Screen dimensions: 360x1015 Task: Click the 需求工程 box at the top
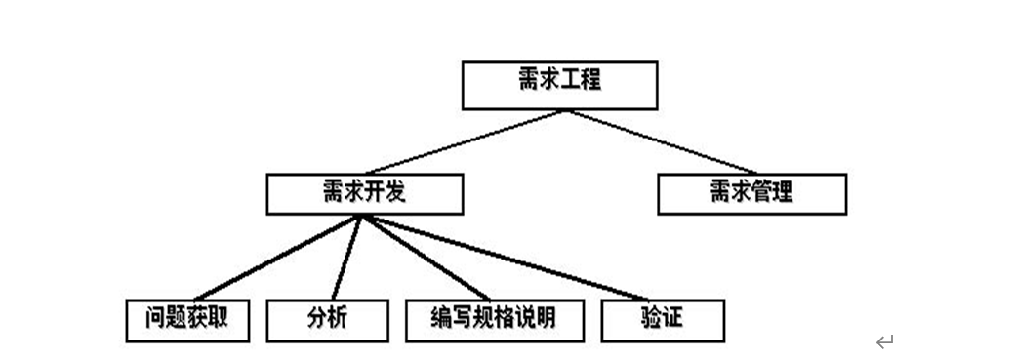[559, 86]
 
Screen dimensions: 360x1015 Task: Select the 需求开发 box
[364, 193]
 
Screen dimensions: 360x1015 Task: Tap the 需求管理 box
[751, 193]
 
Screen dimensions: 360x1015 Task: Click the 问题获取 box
[187, 320]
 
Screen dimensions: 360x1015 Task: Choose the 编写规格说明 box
[494, 320]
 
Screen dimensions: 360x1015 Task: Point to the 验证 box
[663, 320]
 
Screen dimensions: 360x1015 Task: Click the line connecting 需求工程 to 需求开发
[465, 141]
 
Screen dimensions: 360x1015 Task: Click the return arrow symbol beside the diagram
[884, 341]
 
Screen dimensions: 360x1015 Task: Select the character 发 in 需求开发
[394, 191]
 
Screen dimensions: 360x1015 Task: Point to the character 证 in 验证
[672, 317]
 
